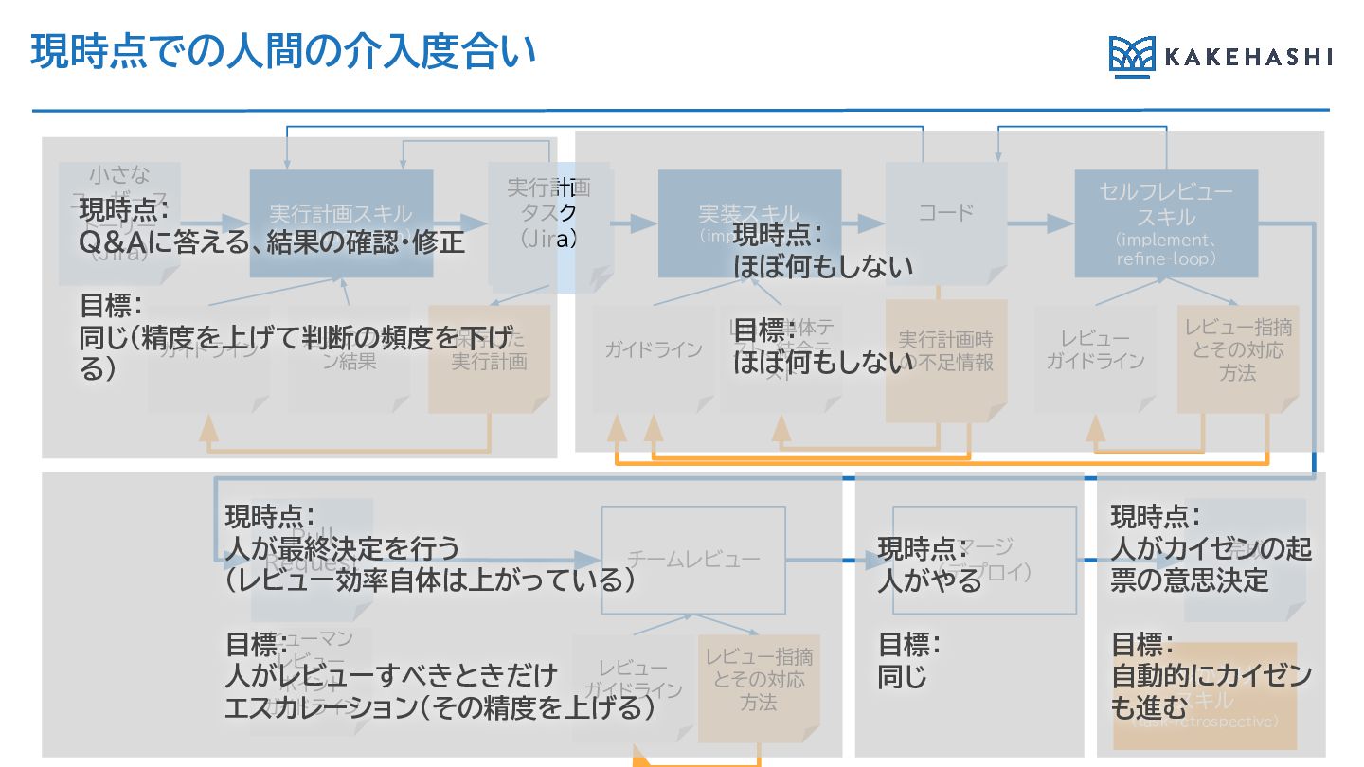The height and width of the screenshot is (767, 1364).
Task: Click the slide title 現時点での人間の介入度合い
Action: pyautogui.click(x=283, y=52)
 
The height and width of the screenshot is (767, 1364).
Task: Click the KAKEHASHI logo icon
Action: pyautogui.click(x=1131, y=57)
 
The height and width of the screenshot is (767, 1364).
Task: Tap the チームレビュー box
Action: pyautogui.click(x=693, y=560)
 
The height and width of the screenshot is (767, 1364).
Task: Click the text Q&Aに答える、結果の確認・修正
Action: pyautogui.click(x=272, y=242)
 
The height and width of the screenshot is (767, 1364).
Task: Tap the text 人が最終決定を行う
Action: pyautogui.click(x=342, y=547)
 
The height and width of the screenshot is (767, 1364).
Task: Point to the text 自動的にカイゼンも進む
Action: pyautogui.click(x=1211, y=690)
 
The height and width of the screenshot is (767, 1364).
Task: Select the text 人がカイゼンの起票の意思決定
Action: pyautogui.click(x=1211, y=563)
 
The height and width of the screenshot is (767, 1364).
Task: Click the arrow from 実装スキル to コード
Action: pyautogui.click(x=863, y=223)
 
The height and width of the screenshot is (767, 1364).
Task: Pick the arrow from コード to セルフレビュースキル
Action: pyautogui.click(x=1040, y=223)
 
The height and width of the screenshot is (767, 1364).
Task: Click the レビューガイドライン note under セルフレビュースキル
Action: pyautogui.click(x=1095, y=350)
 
